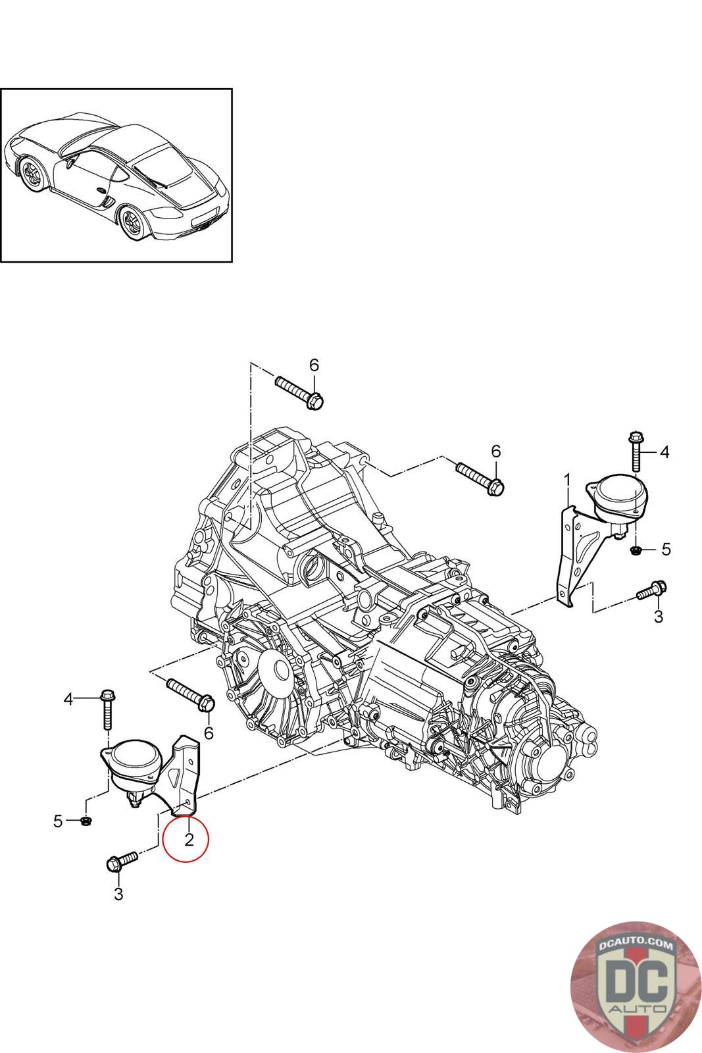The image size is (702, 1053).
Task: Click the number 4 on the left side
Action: [68, 700]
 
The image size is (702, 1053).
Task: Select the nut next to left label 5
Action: [86, 821]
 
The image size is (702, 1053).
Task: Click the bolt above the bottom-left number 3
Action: [122, 862]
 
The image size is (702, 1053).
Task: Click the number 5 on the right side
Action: [666, 549]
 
